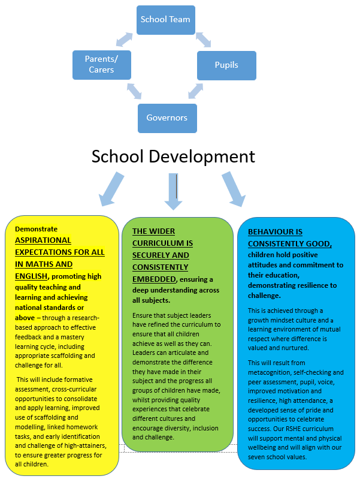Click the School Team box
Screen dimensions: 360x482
166,20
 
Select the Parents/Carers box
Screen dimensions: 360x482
102,65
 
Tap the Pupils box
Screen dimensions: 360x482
226,65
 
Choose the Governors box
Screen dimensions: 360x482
167,118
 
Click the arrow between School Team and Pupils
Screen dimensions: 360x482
203,40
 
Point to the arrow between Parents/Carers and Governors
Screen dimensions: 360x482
134,91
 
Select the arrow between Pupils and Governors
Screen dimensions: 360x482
196,91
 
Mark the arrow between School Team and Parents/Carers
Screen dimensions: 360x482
125,40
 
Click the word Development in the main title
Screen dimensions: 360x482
202,157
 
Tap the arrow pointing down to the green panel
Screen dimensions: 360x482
173,191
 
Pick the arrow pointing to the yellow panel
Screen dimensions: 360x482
111,189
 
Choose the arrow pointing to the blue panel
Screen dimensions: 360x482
234,189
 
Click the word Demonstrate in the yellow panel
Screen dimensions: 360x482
37,229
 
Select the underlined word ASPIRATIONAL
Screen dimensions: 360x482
43,240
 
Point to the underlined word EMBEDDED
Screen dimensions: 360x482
154,279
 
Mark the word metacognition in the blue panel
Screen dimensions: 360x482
269,372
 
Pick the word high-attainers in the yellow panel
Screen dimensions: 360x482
86,445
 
